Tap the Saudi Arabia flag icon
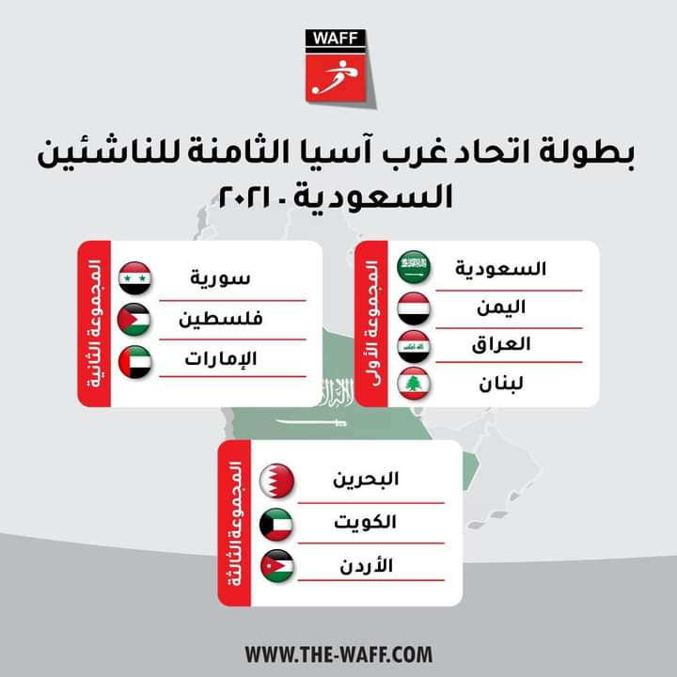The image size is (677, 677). pyautogui.click(x=414, y=267)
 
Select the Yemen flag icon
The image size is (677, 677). pyautogui.click(x=414, y=307)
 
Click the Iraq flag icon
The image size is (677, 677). pyautogui.click(x=414, y=345)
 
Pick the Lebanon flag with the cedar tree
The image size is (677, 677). pyautogui.click(x=414, y=384)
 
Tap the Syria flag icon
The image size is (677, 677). pyautogui.click(x=134, y=278)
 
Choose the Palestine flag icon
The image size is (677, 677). pyautogui.click(x=134, y=319)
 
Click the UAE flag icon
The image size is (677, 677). pyautogui.click(x=134, y=360)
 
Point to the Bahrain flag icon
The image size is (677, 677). pyautogui.click(x=277, y=480)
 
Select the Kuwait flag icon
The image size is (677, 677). pyautogui.click(x=277, y=524)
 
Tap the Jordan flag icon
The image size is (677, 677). pyautogui.click(x=277, y=566)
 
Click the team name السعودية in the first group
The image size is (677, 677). pyautogui.click(x=501, y=268)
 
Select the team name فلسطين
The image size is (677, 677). pyautogui.click(x=221, y=319)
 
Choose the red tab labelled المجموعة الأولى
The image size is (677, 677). pyautogui.click(x=370, y=323)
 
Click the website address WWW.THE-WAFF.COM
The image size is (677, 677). pyautogui.click(x=338, y=653)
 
